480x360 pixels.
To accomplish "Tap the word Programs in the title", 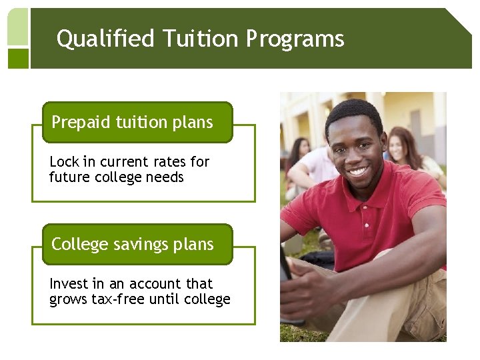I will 295,39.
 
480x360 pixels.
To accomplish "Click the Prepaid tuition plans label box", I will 137,123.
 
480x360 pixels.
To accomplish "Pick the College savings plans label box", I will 137,245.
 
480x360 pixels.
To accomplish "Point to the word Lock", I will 64,162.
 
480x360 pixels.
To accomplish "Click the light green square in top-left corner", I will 18,27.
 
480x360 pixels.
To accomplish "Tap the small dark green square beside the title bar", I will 18,58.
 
